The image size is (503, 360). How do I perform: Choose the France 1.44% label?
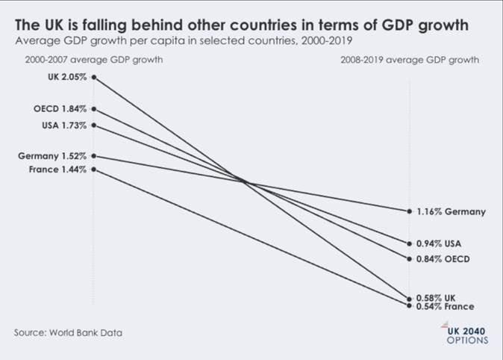click(57, 170)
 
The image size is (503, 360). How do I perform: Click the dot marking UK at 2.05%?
click(94, 77)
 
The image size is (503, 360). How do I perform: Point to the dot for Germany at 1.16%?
click(409, 211)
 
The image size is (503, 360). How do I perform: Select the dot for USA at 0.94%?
click(409, 243)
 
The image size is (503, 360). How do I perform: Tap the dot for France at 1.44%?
click(94, 170)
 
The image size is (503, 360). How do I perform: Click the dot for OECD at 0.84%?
click(409, 259)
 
